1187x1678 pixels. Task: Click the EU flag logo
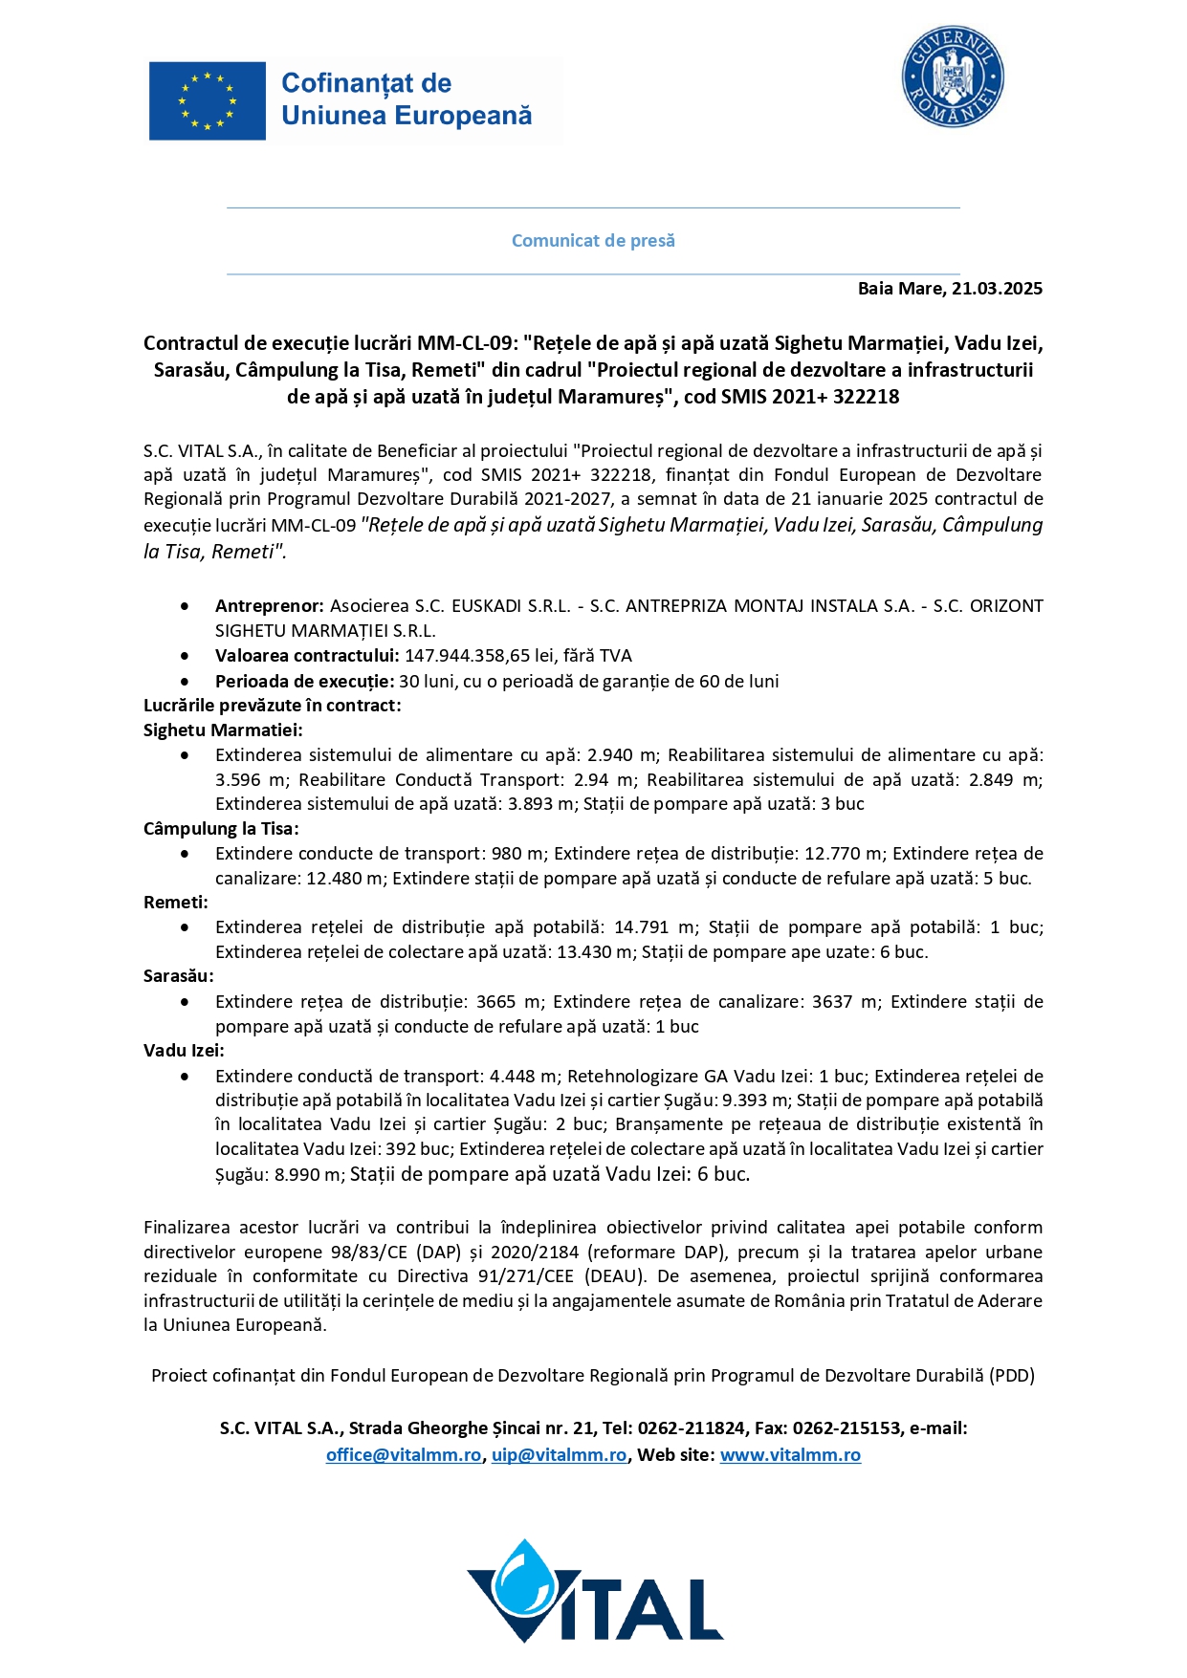point(207,100)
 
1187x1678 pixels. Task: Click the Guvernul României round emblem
point(952,76)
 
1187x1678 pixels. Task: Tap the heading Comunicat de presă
point(593,241)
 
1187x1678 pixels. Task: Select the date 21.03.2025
point(997,289)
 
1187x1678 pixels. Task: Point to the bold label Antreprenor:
point(270,606)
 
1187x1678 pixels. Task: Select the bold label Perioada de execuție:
point(304,682)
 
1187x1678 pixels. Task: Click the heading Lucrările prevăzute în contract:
point(272,706)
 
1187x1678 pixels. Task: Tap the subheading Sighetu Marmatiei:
point(223,730)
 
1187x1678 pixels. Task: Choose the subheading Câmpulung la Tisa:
point(221,829)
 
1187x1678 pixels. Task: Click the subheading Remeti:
point(176,903)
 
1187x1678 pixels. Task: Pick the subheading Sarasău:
point(179,976)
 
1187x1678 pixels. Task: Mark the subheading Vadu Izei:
point(184,1051)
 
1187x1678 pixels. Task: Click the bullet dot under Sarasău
point(185,1002)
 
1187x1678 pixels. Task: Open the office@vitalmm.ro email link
point(404,1455)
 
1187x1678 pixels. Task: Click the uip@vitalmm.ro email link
point(560,1455)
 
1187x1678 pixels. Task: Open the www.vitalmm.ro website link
point(790,1455)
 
